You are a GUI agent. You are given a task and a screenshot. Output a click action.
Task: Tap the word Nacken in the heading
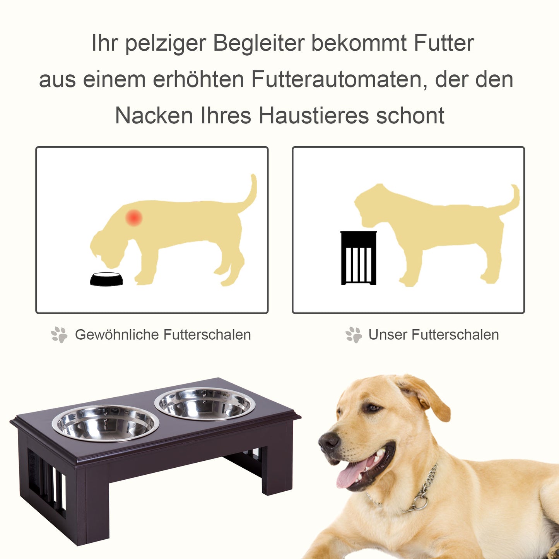tap(154, 116)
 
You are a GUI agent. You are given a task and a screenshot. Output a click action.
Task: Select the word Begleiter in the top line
tap(259, 43)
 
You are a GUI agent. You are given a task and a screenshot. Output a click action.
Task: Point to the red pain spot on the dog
tap(134, 218)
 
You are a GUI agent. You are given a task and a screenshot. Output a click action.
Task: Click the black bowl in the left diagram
tap(106, 279)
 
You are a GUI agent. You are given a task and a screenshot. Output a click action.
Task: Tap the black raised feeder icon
tap(359, 258)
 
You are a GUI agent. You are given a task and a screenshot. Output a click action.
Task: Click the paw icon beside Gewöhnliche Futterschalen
tap(59, 335)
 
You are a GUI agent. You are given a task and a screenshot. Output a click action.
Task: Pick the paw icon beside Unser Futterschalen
tap(354, 335)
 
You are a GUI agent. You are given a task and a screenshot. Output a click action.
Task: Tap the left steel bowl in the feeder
tap(105, 423)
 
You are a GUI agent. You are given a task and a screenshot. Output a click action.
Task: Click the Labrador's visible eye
tap(373, 408)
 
